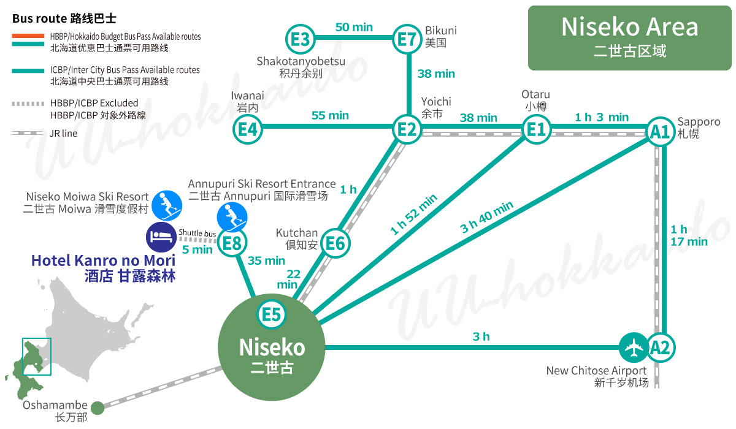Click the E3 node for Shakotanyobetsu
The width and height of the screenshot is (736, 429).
(x=301, y=40)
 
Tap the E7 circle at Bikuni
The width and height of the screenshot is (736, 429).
(x=407, y=40)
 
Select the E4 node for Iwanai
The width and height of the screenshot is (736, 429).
(x=248, y=129)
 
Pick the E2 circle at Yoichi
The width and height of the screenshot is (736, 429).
(x=407, y=129)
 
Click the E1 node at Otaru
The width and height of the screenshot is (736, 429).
(x=536, y=129)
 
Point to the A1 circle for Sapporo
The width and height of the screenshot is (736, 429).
(x=661, y=131)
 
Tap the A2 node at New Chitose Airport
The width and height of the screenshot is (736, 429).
(x=661, y=347)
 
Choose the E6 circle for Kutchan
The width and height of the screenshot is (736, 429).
(x=335, y=243)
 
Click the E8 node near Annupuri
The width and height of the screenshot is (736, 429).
(x=232, y=244)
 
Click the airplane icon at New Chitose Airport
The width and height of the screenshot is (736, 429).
(x=633, y=347)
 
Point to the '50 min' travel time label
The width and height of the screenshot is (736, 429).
(x=354, y=27)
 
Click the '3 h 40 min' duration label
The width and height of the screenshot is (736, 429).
(x=487, y=218)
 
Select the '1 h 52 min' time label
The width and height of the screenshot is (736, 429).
(x=413, y=214)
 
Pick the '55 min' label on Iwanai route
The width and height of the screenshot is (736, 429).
(x=330, y=115)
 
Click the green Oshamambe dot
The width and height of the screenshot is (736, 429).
(x=98, y=408)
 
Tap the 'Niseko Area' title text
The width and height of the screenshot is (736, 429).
(x=629, y=28)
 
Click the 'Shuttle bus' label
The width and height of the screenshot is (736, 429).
(x=197, y=233)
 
